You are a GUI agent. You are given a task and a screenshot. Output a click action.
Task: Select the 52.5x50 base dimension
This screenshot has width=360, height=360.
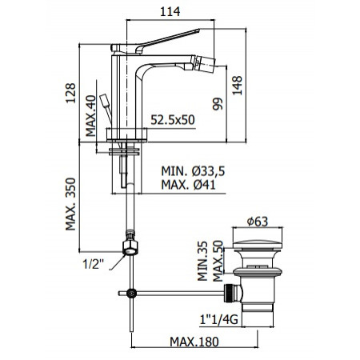tap(174, 120)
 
